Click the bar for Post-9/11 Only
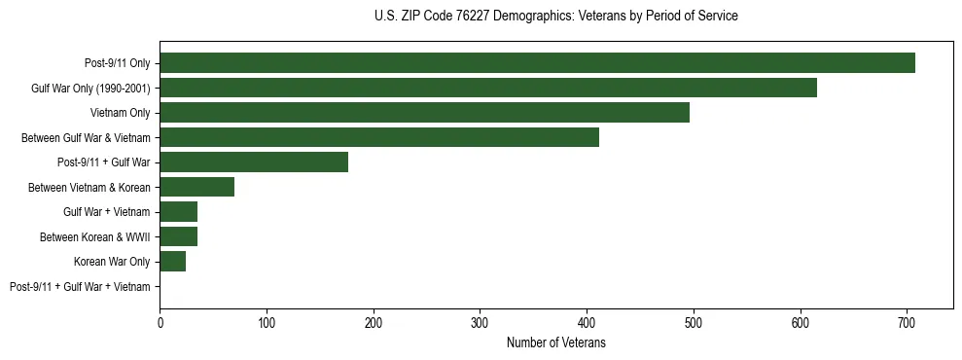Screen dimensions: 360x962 click(x=537, y=62)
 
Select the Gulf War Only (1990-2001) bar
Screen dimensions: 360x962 click(x=488, y=88)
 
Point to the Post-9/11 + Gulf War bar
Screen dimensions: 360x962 click(x=254, y=162)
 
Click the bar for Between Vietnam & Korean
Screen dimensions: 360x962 click(x=196, y=187)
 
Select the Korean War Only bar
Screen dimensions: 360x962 click(x=172, y=261)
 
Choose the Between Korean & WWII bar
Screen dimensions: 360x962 click(x=178, y=236)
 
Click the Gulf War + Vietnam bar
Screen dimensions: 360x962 click(x=178, y=211)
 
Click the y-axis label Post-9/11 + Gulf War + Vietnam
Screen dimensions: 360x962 click(x=80, y=286)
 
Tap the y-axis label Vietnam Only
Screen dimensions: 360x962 click(x=120, y=113)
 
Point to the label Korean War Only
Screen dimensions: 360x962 click(x=112, y=262)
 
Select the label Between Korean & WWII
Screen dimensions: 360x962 click(x=95, y=236)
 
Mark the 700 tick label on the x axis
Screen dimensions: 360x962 click(x=907, y=323)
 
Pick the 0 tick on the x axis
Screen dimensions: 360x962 click(x=160, y=323)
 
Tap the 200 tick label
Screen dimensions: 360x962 click(x=373, y=323)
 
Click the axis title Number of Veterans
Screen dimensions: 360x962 click(x=555, y=342)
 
